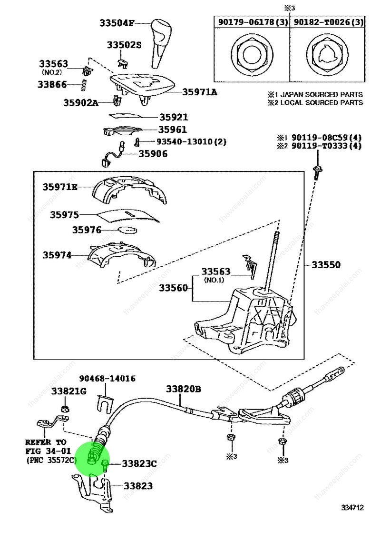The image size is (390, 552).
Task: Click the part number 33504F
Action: click(x=117, y=22)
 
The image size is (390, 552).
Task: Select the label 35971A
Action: click(x=199, y=92)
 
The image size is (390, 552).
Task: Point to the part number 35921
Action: click(x=173, y=117)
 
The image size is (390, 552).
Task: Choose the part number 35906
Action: click(x=153, y=154)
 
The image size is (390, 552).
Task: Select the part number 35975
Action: click(x=64, y=215)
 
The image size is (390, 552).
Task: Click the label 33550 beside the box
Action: click(x=326, y=265)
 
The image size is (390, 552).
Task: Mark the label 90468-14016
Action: click(x=107, y=379)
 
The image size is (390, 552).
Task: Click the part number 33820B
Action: click(x=183, y=390)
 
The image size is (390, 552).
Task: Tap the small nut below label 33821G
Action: click(x=65, y=409)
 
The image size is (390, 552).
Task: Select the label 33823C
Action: click(x=139, y=463)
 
